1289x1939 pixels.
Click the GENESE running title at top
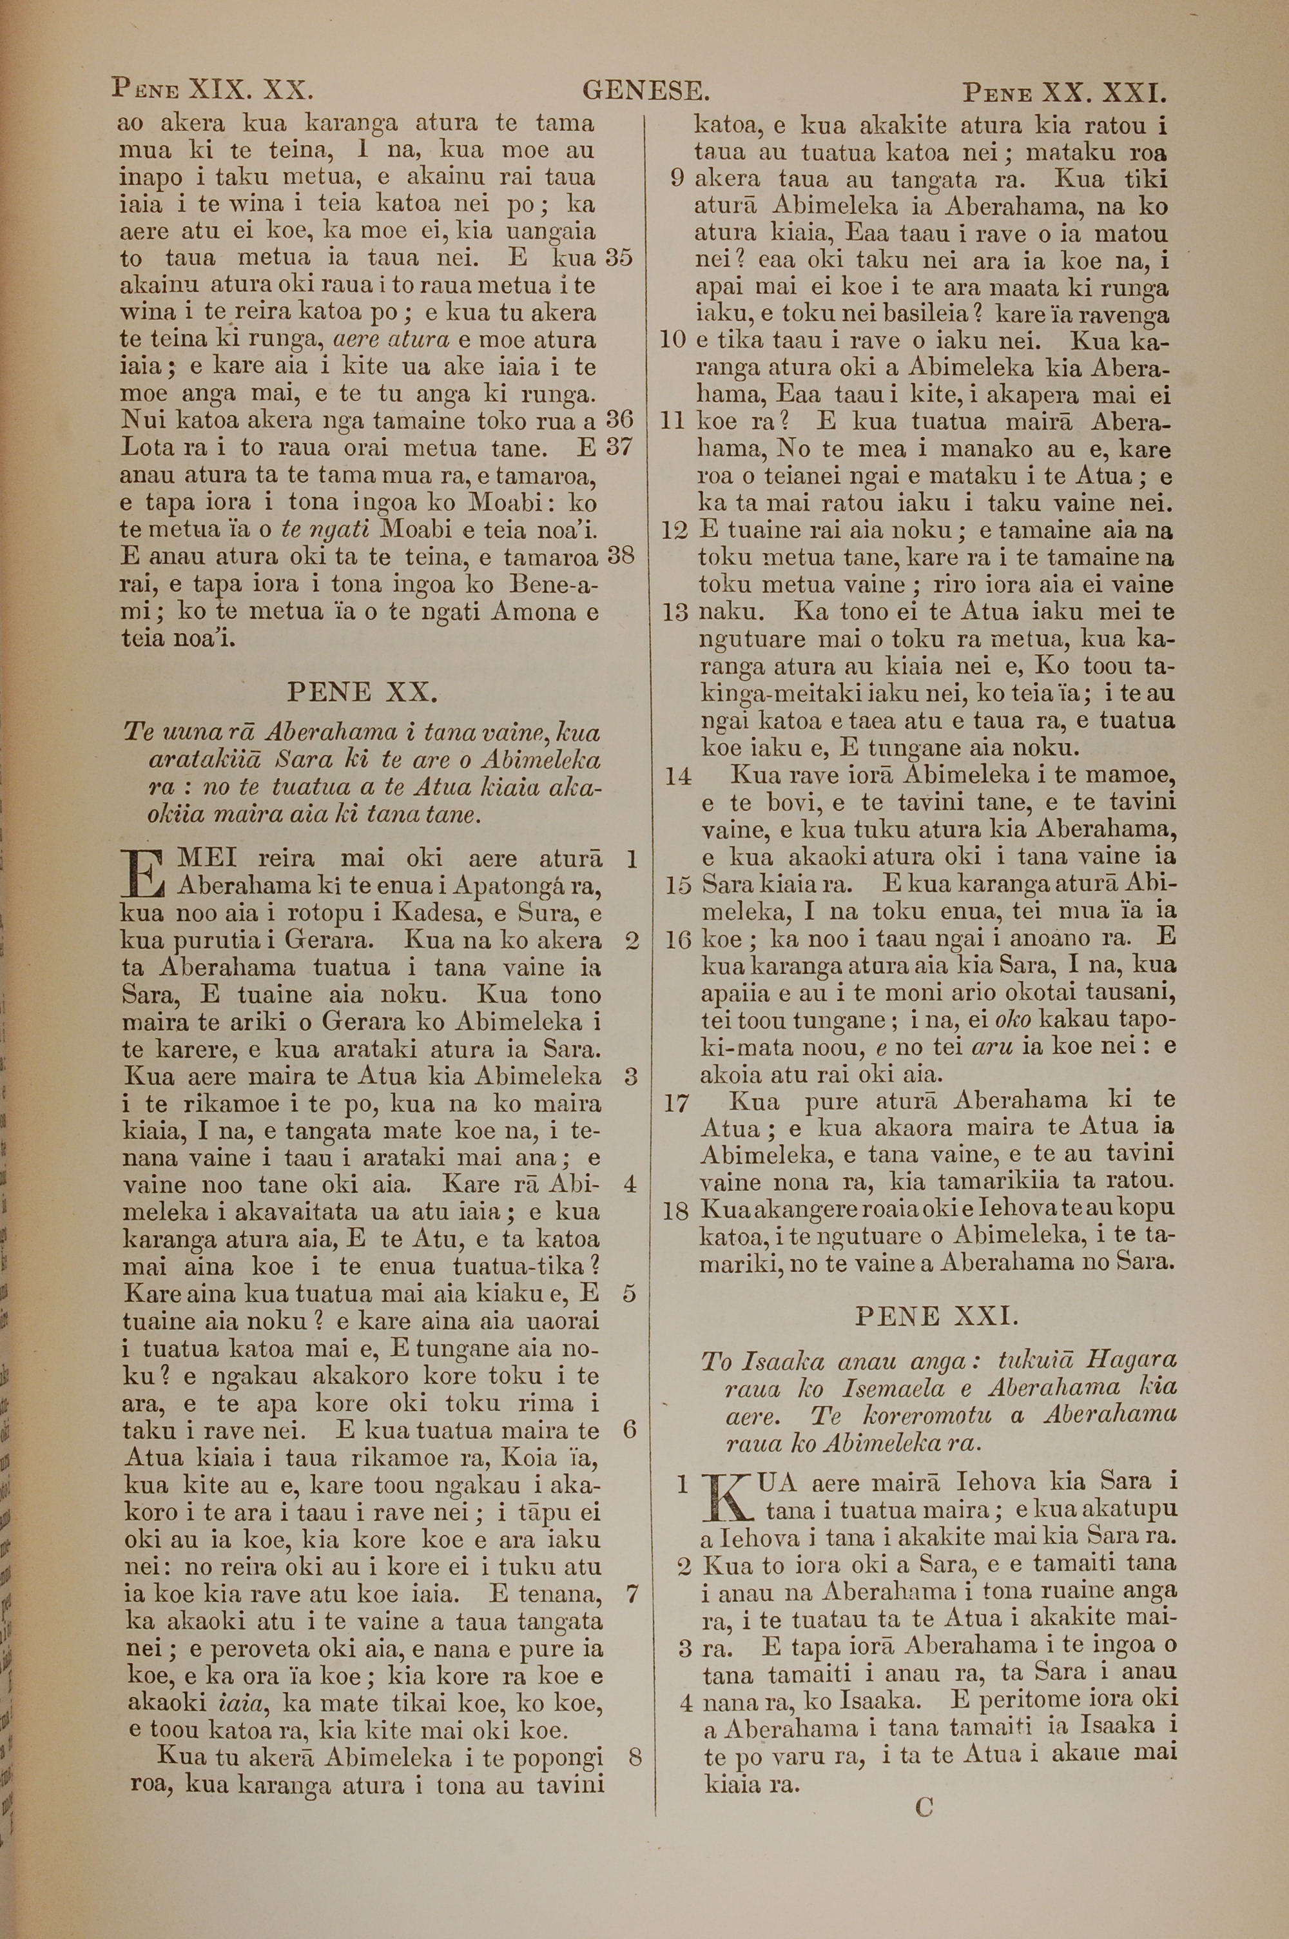point(645,90)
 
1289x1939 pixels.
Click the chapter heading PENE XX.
point(361,692)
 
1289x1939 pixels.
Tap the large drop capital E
point(144,873)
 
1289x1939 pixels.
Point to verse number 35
point(619,258)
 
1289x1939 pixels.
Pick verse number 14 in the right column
point(678,776)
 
